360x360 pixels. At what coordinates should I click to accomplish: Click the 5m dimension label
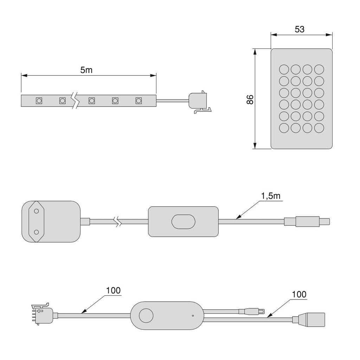pyautogui.click(x=86, y=70)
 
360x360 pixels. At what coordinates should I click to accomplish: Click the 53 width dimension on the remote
pyautogui.click(x=300, y=30)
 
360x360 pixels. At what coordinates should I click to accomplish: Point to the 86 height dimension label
pyautogui.click(x=250, y=99)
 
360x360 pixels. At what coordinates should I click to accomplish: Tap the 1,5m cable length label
pyautogui.click(x=271, y=196)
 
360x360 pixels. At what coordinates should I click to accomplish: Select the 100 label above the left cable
pyautogui.click(x=113, y=290)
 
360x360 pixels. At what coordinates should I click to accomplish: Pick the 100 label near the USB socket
pyautogui.click(x=299, y=294)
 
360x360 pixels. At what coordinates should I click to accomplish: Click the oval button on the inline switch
pyautogui.click(x=183, y=221)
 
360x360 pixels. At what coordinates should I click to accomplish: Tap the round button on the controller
pyautogui.click(x=146, y=315)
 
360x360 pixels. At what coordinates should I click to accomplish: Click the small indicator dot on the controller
pyautogui.click(x=193, y=315)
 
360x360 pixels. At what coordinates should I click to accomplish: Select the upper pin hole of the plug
pyautogui.click(x=36, y=211)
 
